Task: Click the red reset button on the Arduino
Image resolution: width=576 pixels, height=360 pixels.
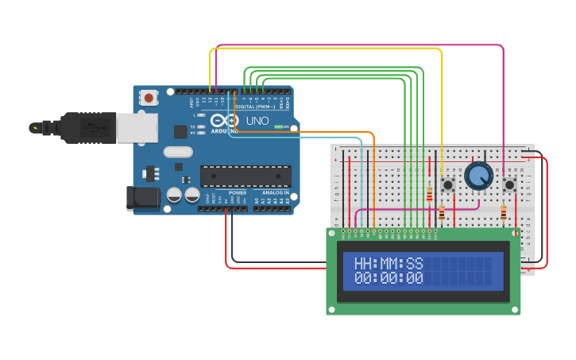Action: click(x=148, y=98)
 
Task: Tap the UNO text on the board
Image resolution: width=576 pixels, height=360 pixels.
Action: click(x=257, y=121)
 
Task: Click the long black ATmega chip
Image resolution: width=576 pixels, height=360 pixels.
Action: click(x=245, y=176)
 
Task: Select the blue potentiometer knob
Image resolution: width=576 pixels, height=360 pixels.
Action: click(x=479, y=176)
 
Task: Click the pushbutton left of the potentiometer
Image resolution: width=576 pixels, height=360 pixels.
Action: click(x=447, y=185)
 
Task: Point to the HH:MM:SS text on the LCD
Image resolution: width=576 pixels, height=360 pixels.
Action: click(x=389, y=263)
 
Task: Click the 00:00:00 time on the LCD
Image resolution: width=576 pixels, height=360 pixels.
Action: click(x=389, y=278)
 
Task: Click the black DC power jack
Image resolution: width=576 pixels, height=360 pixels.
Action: click(x=143, y=198)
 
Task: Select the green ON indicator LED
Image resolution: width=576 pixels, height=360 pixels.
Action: click(x=278, y=126)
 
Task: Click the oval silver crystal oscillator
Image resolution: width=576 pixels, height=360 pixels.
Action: click(x=178, y=152)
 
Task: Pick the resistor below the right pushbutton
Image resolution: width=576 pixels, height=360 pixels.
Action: click(x=503, y=212)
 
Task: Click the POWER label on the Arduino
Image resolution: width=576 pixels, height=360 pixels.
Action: click(x=237, y=193)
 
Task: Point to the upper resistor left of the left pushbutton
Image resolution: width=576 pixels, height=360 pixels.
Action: click(x=430, y=194)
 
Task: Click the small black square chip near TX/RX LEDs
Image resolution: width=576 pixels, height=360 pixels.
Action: click(x=180, y=132)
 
